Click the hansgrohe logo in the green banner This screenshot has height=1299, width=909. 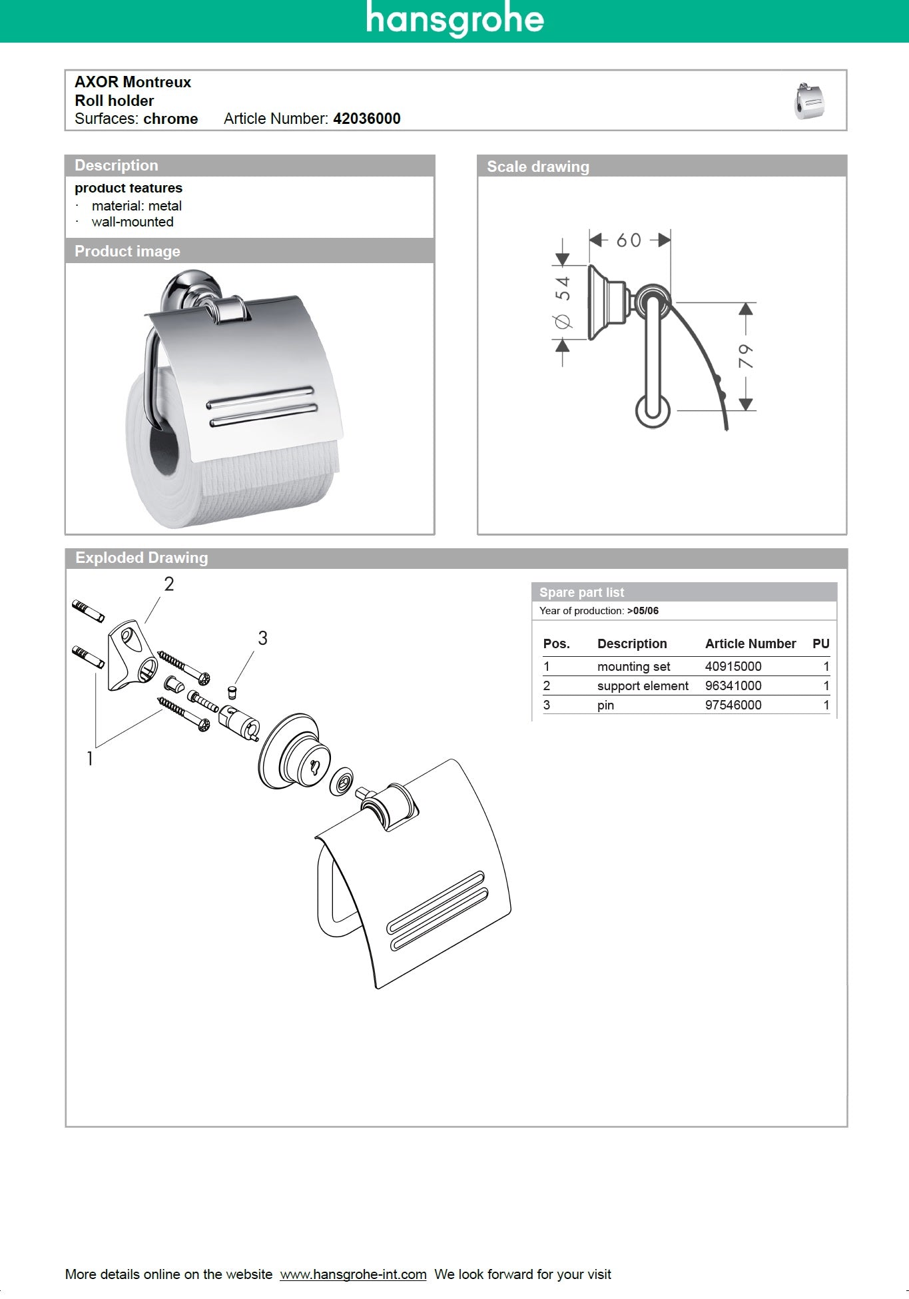pyautogui.click(x=455, y=19)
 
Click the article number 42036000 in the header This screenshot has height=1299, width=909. pyautogui.click(x=366, y=119)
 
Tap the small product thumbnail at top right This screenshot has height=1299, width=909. pyautogui.click(x=809, y=101)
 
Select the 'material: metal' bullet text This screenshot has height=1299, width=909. pyautogui.click(x=137, y=206)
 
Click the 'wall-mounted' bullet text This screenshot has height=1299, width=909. pyautogui.click(x=133, y=222)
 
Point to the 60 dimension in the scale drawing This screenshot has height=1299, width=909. pyautogui.click(x=629, y=240)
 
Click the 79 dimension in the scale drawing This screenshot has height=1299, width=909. pyautogui.click(x=746, y=356)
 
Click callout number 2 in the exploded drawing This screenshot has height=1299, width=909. pyautogui.click(x=169, y=584)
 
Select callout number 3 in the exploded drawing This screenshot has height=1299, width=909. pyautogui.click(x=262, y=638)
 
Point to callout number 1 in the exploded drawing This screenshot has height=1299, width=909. pyautogui.click(x=90, y=758)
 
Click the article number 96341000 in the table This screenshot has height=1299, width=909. pyautogui.click(x=733, y=685)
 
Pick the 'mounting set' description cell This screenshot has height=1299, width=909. pyautogui.click(x=633, y=666)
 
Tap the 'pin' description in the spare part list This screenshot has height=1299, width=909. pyautogui.click(x=605, y=705)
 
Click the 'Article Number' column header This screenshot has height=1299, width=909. pyautogui.click(x=751, y=644)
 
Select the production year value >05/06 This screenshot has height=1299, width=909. pyautogui.click(x=643, y=610)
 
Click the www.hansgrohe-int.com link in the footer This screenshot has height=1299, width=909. pyautogui.click(x=353, y=1274)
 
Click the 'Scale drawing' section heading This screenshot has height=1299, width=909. pyautogui.click(x=538, y=167)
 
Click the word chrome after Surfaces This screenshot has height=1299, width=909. pyautogui.click(x=170, y=119)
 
